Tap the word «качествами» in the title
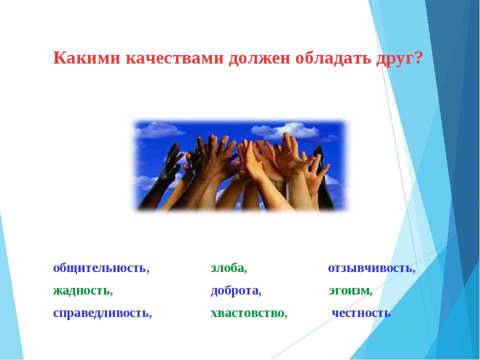click(x=174, y=58)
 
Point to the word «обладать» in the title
click(x=333, y=58)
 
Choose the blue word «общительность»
click(x=99, y=268)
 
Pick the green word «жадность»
click(x=81, y=290)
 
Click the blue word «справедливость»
click(x=100, y=313)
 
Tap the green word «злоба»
click(x=227, y=267)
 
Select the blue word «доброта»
click(x=234, y=290)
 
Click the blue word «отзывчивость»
click(x=370, y=268)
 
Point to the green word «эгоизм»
click(x=349, y=290)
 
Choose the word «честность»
click(x=361, y=313)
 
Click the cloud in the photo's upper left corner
click(x=158, y=129)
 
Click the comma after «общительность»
click(x=148, y=271)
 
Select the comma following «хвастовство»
click(x=285, y=316)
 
